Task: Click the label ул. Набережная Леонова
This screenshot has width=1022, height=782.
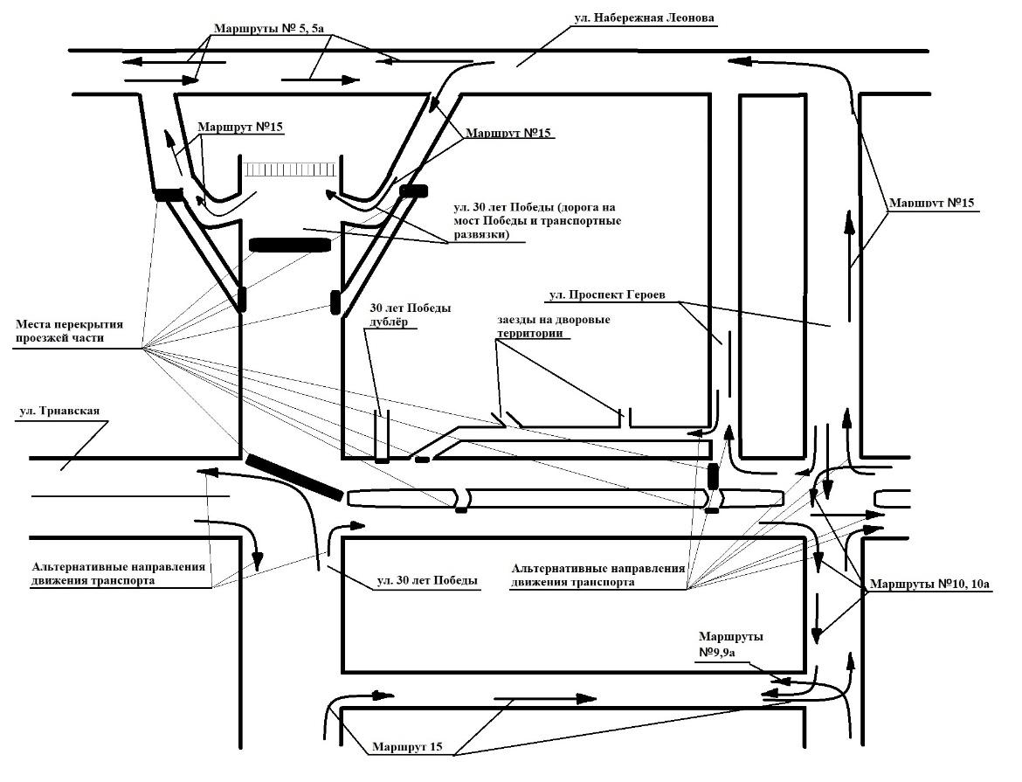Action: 645,17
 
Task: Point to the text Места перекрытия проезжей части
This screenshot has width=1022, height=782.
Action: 69,331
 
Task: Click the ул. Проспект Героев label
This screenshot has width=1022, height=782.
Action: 607,295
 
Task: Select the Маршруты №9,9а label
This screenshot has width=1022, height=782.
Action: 730,645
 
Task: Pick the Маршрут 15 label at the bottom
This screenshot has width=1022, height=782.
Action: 408,748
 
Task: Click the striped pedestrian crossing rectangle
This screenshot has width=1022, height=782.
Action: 291,169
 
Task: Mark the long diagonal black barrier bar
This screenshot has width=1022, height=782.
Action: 293,477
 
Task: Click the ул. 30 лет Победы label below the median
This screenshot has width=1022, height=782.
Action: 427,581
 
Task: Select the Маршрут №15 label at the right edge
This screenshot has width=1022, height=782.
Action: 931,204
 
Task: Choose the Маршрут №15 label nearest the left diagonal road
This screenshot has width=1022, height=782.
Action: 241,128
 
